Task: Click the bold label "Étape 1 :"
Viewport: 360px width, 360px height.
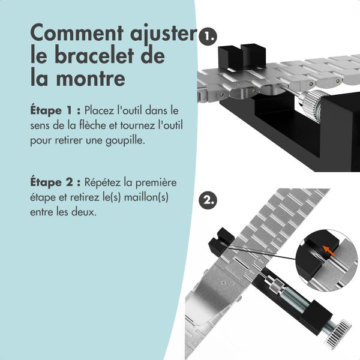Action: (55, 111)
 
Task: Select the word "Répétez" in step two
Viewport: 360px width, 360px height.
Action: (106, 182)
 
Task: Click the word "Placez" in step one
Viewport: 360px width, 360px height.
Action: (101, 111)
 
